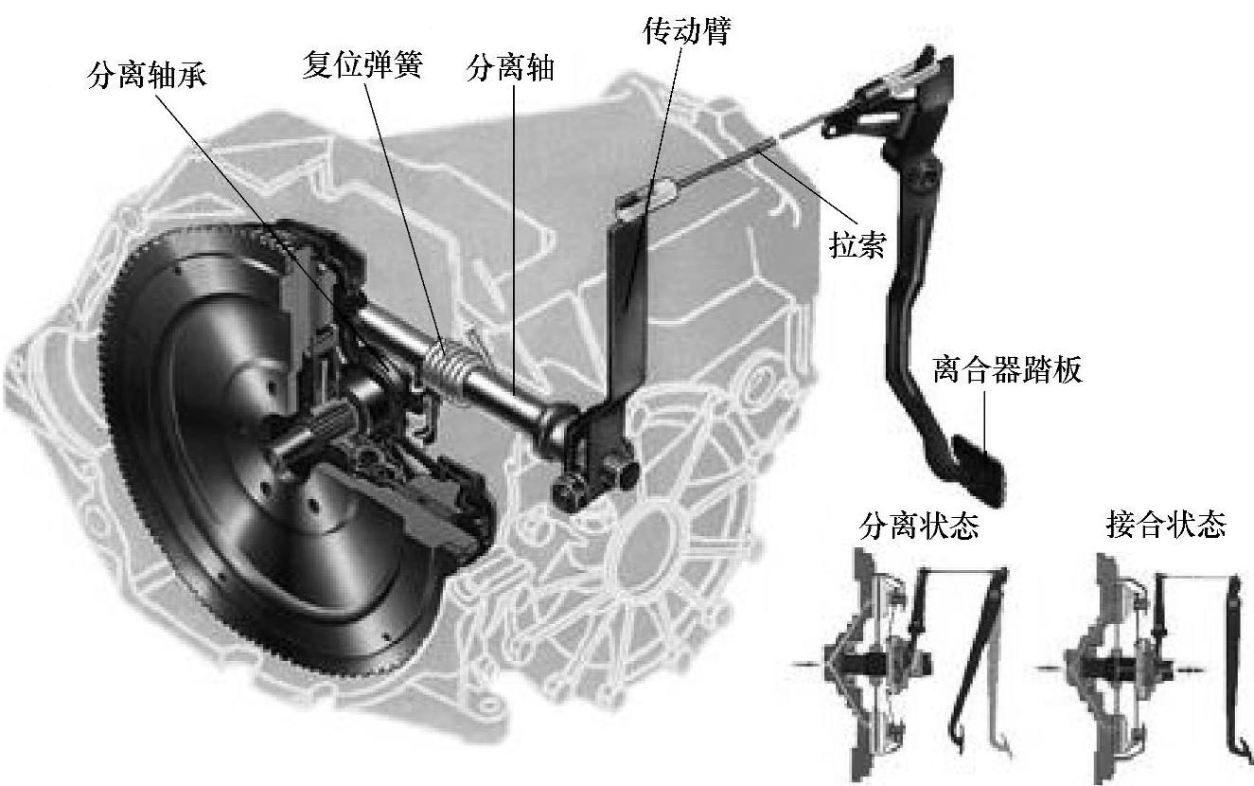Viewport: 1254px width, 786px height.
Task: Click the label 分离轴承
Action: tap(147, 76)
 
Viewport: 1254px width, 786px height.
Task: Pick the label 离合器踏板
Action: tap(1006, 369)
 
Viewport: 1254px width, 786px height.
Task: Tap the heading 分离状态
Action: tap(918, 527)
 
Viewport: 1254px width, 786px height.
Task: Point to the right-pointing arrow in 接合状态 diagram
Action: tap(1191, 670)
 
